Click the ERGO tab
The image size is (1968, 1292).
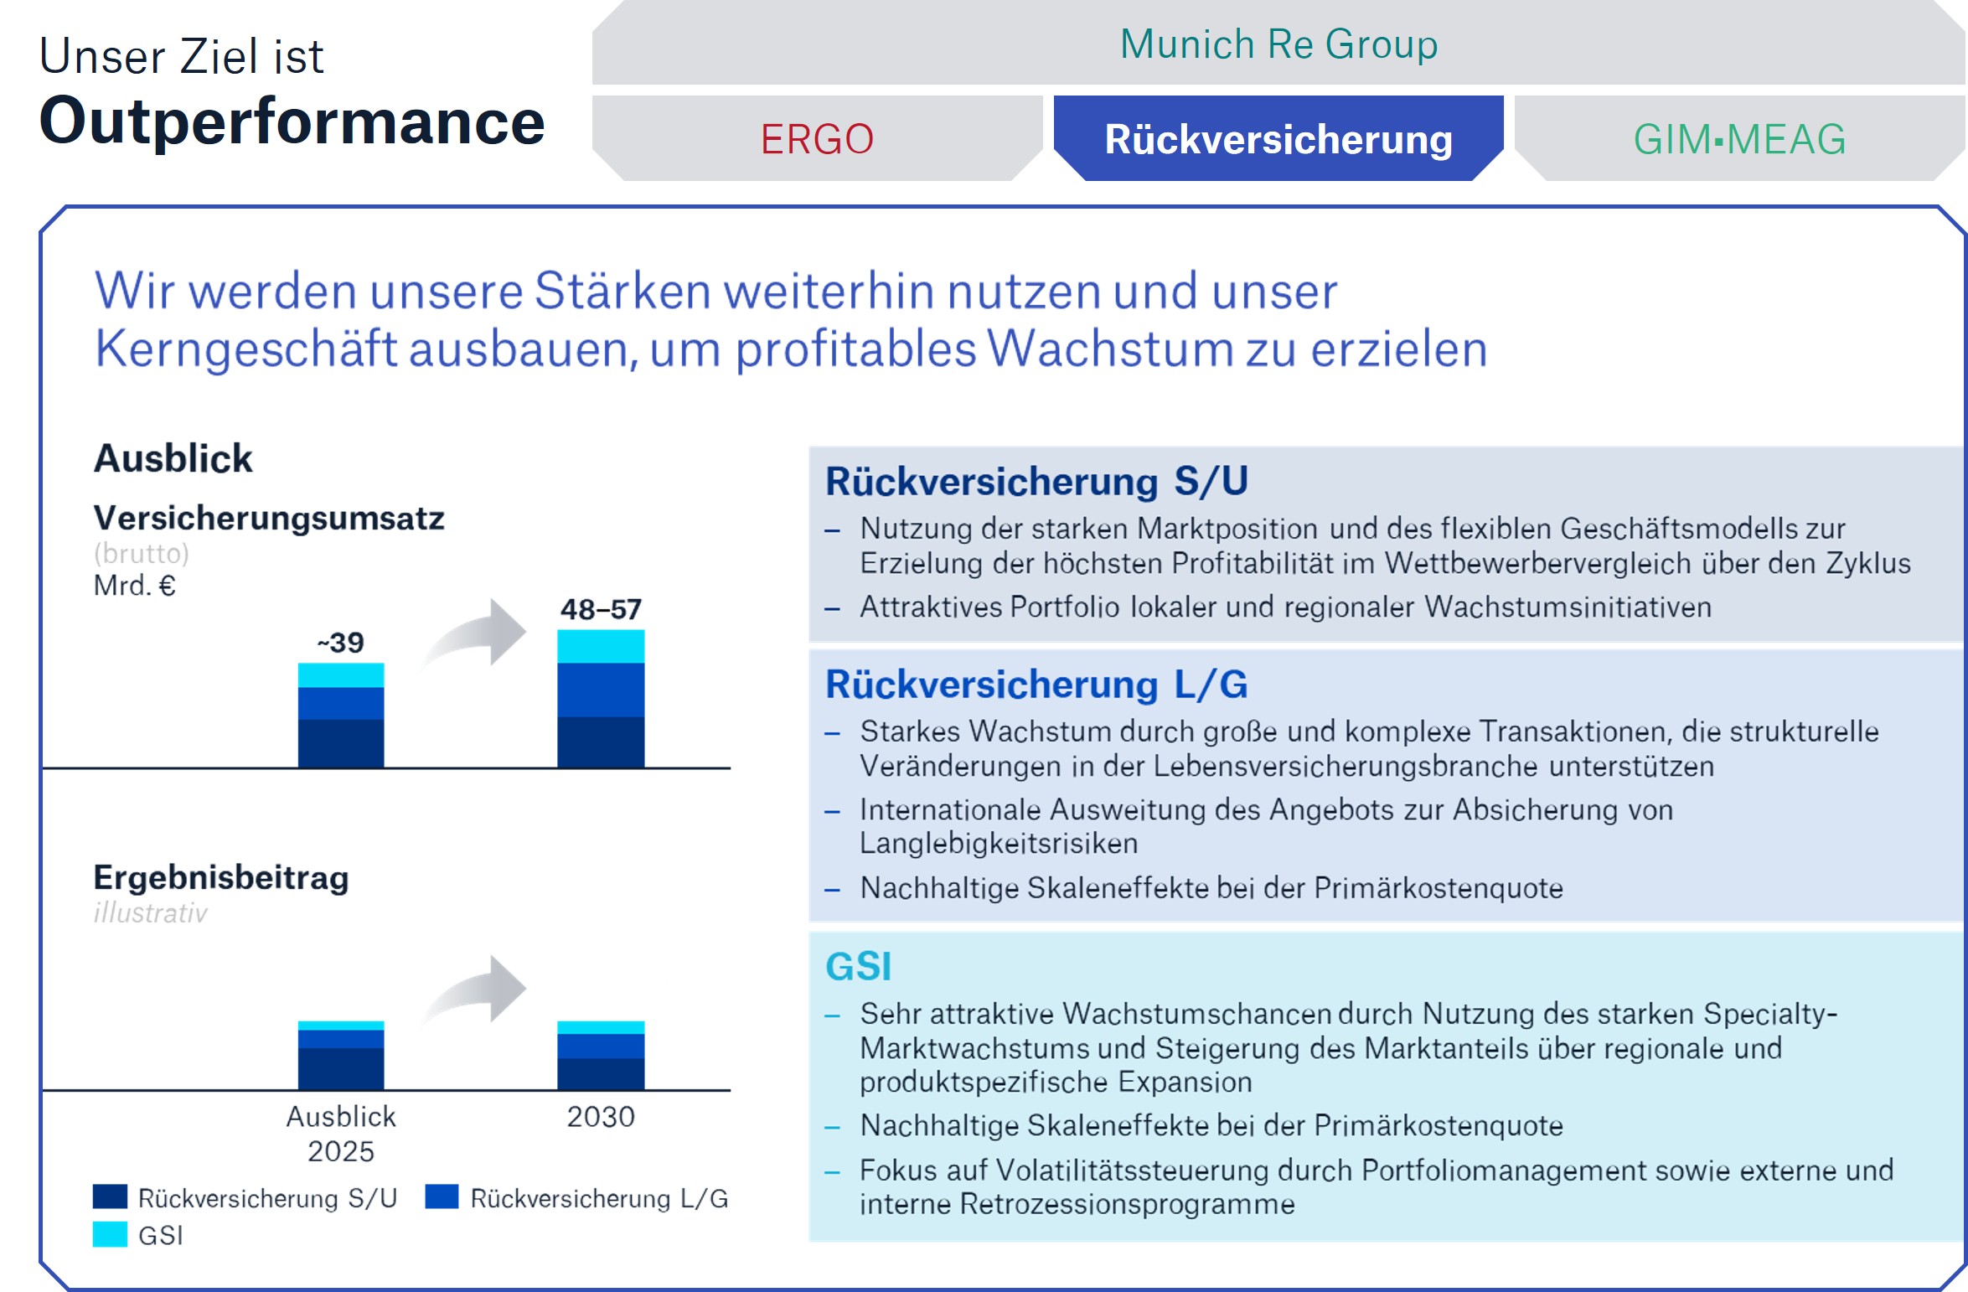817,139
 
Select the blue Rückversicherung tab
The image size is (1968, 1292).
1278,139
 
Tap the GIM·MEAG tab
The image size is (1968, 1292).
1739,139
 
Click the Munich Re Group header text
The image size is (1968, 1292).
1278,44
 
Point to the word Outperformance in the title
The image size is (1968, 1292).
292,121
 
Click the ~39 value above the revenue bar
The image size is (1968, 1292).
341,643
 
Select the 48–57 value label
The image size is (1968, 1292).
601,609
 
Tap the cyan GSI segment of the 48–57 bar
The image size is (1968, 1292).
601,646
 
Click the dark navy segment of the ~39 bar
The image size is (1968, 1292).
341,743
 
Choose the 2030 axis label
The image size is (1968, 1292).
601,1117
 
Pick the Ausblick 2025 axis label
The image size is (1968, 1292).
341,1134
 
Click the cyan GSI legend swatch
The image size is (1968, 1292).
110,1234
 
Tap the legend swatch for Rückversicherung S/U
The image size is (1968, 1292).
110,1196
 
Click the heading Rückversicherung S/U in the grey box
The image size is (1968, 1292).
1036,482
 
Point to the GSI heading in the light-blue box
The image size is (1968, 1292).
858,966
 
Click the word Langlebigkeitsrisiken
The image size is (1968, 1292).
999,843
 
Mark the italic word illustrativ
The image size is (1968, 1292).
150,912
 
